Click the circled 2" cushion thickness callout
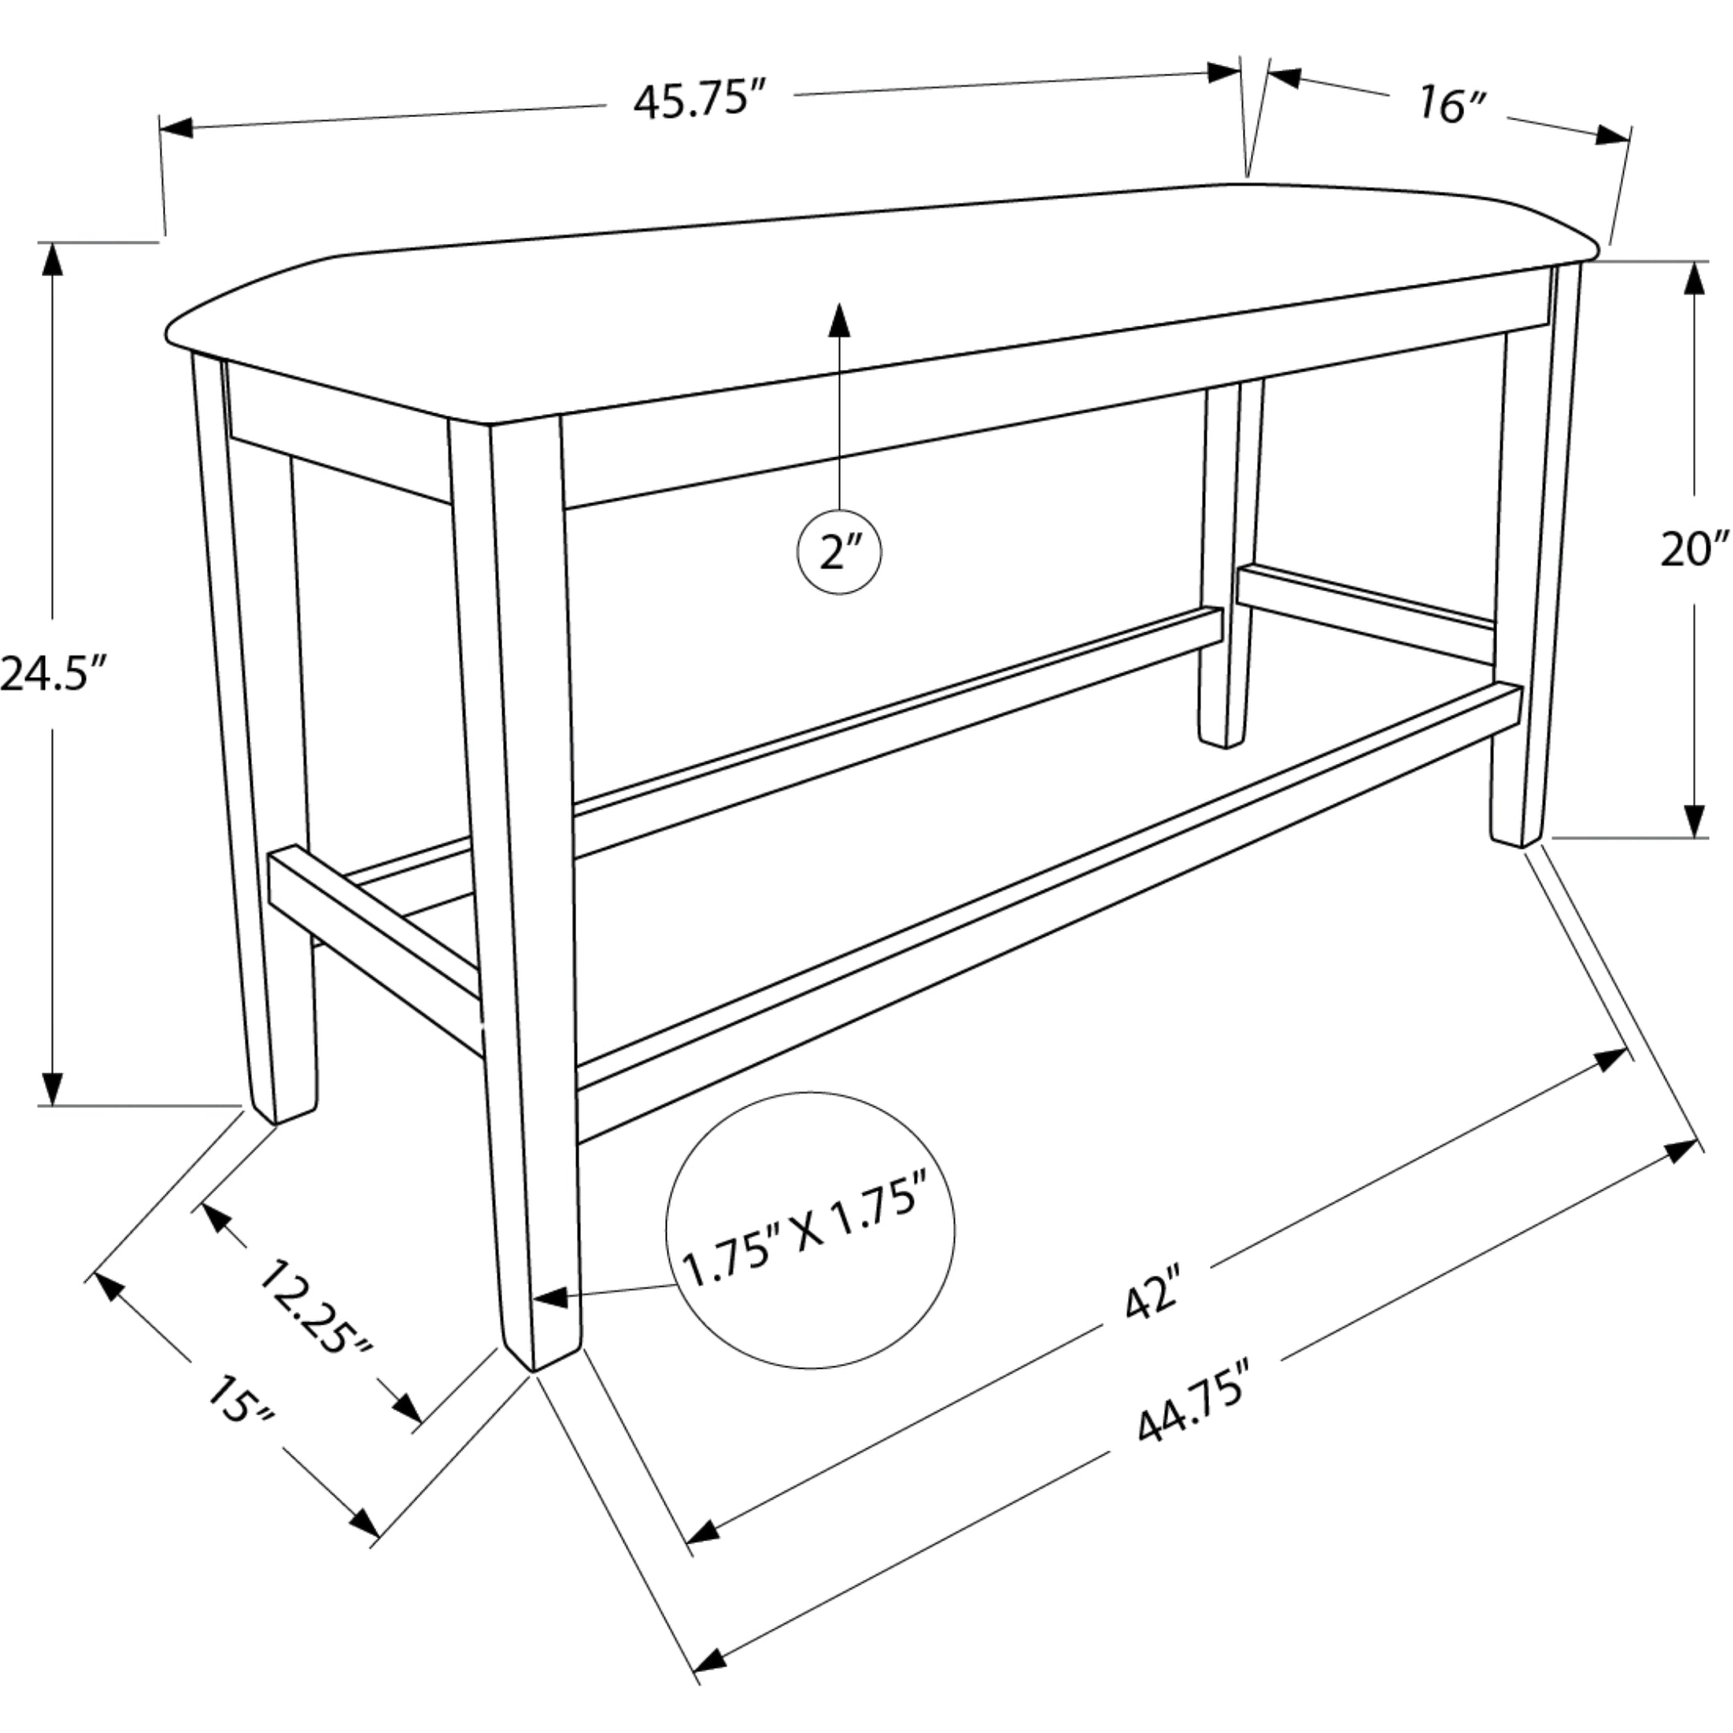[x=838, y=552]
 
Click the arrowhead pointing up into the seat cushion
[x=838, y=319]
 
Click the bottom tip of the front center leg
[x=534, y=1370]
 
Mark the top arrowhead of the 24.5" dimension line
[x=54, y=261]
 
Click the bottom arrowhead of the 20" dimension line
[x=1694, y=819]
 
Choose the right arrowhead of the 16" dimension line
[x=1613, y=136]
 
